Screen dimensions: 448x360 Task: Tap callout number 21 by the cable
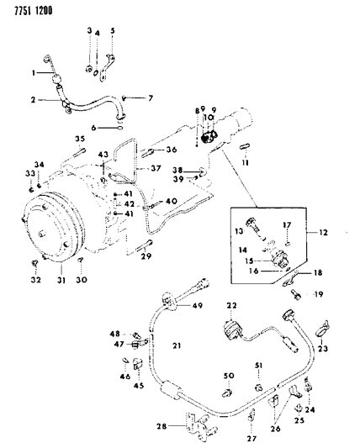(177, 345)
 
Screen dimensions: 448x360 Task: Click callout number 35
(80, 139)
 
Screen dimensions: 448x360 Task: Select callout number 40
(171, 201)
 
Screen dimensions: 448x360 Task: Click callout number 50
(227, 375)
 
